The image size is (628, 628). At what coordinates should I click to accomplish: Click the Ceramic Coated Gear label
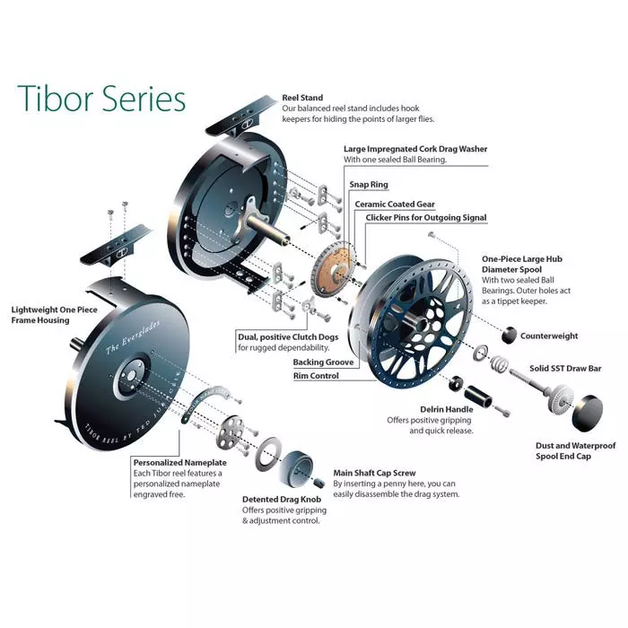(397, 204)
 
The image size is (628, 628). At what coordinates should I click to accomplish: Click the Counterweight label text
(549, 336)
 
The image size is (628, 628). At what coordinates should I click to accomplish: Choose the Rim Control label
(316, 376)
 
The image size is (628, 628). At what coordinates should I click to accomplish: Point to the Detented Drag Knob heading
(281, 499)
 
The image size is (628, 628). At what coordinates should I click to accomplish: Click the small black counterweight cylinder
(507, 336)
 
